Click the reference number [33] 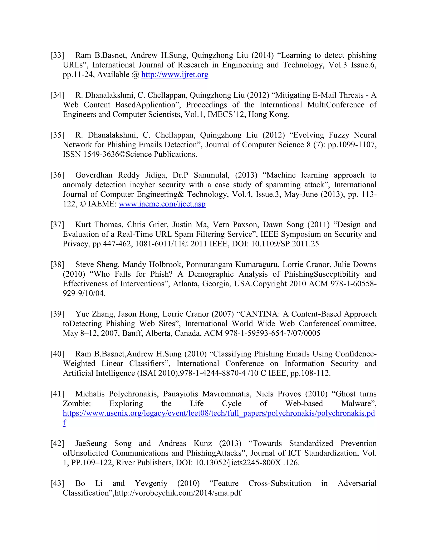57,55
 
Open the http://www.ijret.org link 175,75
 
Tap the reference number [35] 57,135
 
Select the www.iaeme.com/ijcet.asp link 162,204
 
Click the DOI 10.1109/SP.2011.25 285,244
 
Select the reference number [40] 57,354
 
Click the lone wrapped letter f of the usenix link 64,423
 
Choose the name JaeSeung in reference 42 91,443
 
